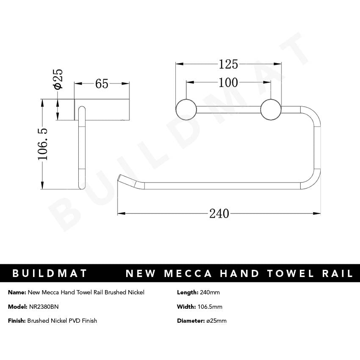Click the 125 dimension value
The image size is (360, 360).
228,64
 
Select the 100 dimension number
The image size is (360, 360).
228,82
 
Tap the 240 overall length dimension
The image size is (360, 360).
219,213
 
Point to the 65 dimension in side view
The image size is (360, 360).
102,84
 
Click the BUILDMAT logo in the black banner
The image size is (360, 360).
50,274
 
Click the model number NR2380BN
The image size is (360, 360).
44,307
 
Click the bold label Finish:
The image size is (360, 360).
17,321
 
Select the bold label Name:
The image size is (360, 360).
17,292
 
